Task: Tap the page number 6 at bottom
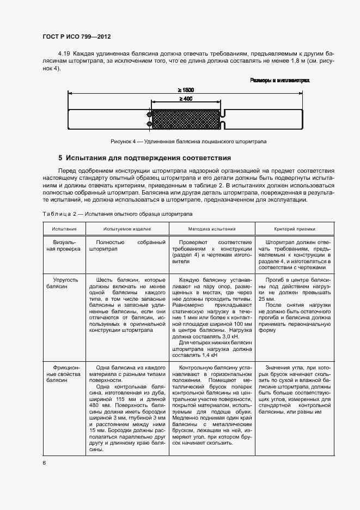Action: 44,463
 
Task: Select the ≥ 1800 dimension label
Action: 185,90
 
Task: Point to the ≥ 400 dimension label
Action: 185,99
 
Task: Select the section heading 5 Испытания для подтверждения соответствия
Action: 152,158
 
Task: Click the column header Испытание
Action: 64,229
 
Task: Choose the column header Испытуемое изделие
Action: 126,229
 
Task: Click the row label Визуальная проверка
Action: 64,245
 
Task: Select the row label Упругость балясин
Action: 64,282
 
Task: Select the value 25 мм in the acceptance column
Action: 267,299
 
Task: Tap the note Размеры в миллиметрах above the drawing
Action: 280,80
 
